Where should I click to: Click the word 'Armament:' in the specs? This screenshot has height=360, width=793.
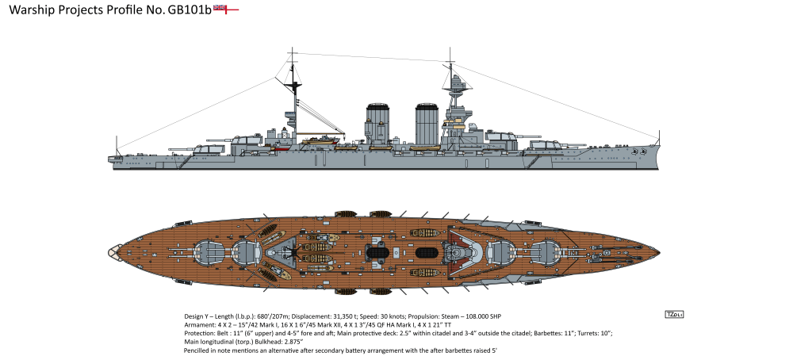[x=200, y=324]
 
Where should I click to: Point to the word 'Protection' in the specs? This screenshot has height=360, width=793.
[x=201, y=333]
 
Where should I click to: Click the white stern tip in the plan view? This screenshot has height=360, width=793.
[x=110, y=251]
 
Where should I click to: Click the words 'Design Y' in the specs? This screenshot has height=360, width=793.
[x=198, y=316]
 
